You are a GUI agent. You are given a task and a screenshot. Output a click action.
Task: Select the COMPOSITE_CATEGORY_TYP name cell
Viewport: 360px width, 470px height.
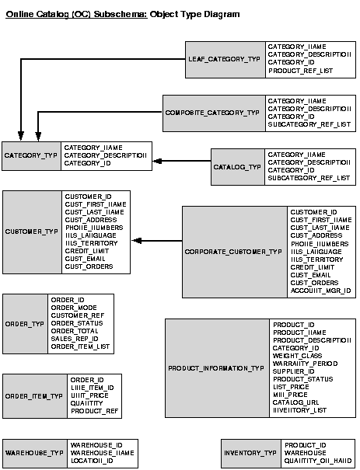(212, 113)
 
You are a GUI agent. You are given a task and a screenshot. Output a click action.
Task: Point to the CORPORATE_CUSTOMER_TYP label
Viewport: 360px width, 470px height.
(233, 252)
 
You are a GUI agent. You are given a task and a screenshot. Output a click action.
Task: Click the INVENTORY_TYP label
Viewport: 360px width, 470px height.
(250, 453)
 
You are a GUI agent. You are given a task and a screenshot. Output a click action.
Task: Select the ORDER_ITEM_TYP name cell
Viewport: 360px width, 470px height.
(33, 395)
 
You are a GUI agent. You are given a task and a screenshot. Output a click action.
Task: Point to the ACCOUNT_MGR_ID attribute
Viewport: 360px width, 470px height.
(320, 291)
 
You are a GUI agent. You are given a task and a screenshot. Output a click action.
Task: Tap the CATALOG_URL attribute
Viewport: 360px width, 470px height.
(294, 402)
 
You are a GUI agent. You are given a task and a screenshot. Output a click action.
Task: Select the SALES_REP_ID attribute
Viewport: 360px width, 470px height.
(75, 339)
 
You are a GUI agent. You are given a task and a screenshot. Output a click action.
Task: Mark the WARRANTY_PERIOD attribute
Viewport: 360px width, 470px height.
(305, 363)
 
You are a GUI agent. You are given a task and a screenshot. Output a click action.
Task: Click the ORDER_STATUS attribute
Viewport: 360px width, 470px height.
(77, 322)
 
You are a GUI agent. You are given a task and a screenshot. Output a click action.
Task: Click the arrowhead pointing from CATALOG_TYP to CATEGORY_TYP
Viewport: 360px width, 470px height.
(156, 161)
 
